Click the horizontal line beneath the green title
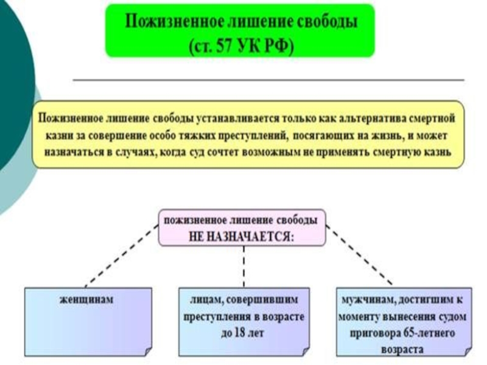click(x=268, y=80)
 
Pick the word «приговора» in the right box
click(x=378, y=333)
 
